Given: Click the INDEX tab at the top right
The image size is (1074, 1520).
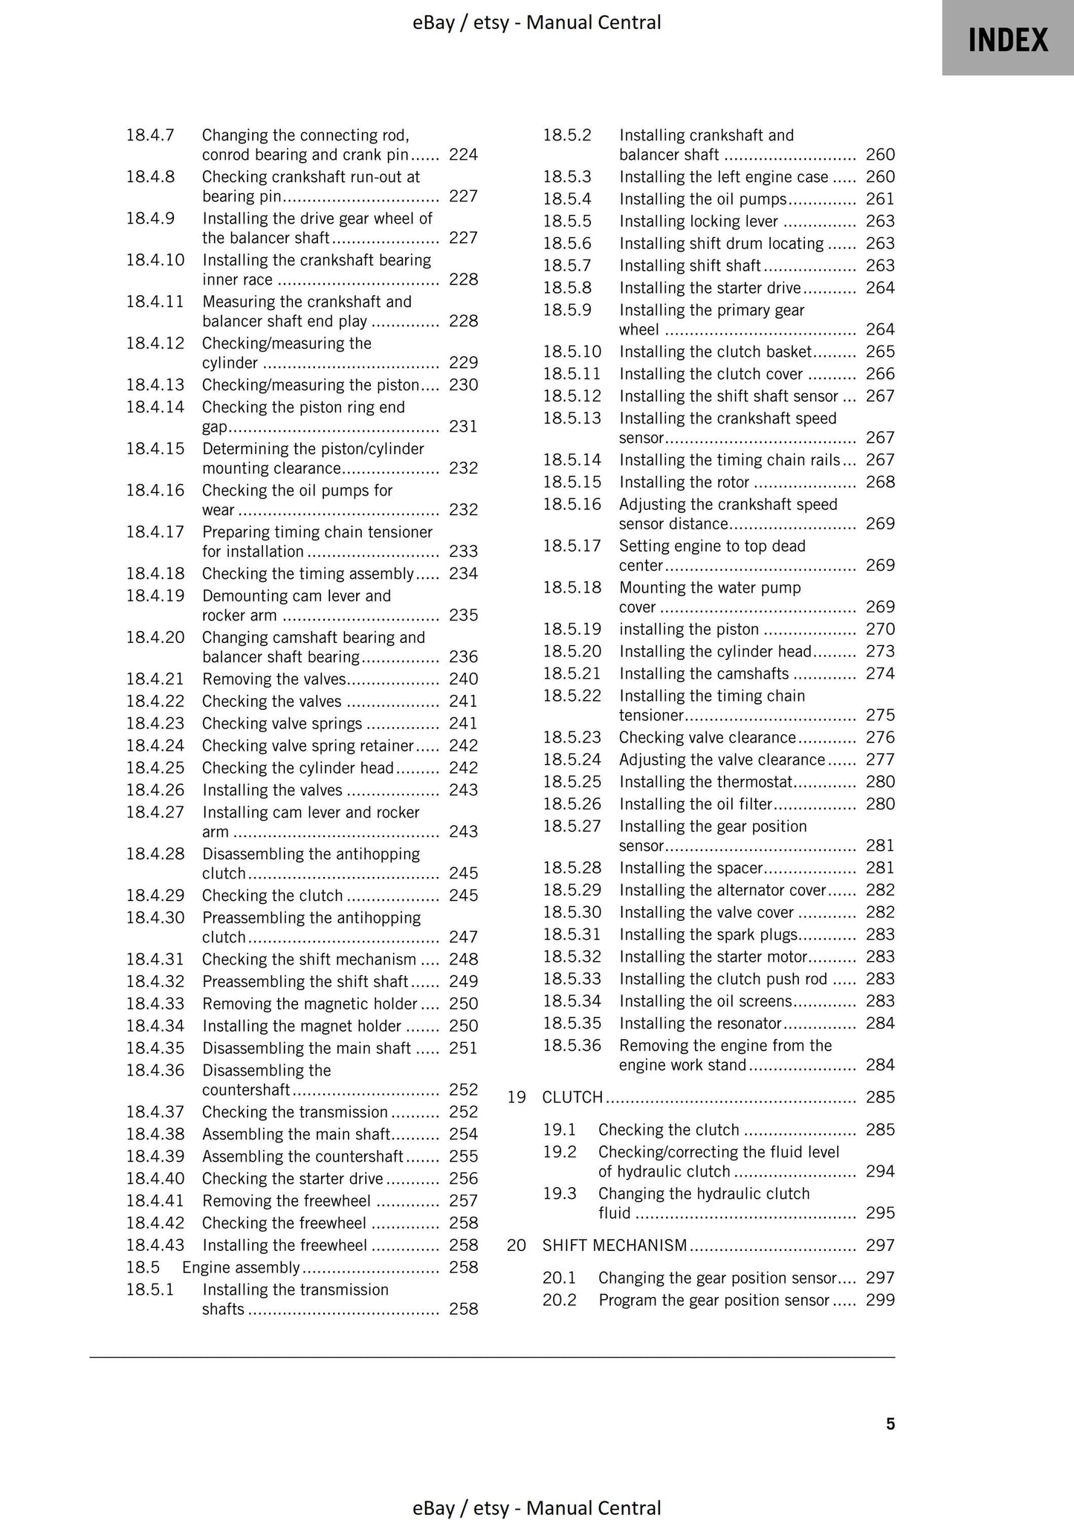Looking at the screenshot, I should click(x=1007, y=39).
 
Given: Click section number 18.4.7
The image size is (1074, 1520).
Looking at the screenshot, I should click(x=150, y=135).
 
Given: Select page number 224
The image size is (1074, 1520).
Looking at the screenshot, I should click(x=463, y=155).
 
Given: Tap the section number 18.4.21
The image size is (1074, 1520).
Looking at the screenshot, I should click(x=155, y=679).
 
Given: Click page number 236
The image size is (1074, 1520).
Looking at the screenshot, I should click(x=463, y=656).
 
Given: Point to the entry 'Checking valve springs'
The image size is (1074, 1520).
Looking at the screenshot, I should click(x=282, y=723).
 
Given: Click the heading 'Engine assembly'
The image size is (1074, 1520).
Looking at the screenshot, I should click(x=241, y=1267).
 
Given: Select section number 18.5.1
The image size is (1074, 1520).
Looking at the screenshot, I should click(x=150, y=1290).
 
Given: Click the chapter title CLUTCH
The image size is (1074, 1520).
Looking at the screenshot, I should click(x=572, y=1097).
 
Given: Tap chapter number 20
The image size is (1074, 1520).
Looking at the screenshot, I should click(x=517, y=1245).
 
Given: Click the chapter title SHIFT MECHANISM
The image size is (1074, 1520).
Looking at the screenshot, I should click(x=615, y=1245).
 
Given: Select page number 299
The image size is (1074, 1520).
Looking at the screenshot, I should click(x=880, y=1300).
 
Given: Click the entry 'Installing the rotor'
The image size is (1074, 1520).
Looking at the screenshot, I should click(x=684, y=482).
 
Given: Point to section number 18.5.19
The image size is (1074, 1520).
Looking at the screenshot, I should click(x=572, y=629).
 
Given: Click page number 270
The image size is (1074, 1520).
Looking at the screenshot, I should click(x=880, y=629).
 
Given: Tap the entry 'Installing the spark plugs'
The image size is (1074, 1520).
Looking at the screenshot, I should click(x=708, y=934).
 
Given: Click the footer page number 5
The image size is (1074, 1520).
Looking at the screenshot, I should click(x=890, y=1423).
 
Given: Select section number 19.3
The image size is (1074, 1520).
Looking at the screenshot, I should click(x=559, y=1193).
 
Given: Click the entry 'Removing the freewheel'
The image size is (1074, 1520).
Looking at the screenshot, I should click(x=286, y=1200).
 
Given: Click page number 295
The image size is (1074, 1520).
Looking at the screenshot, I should click(x=880, y=1212).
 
